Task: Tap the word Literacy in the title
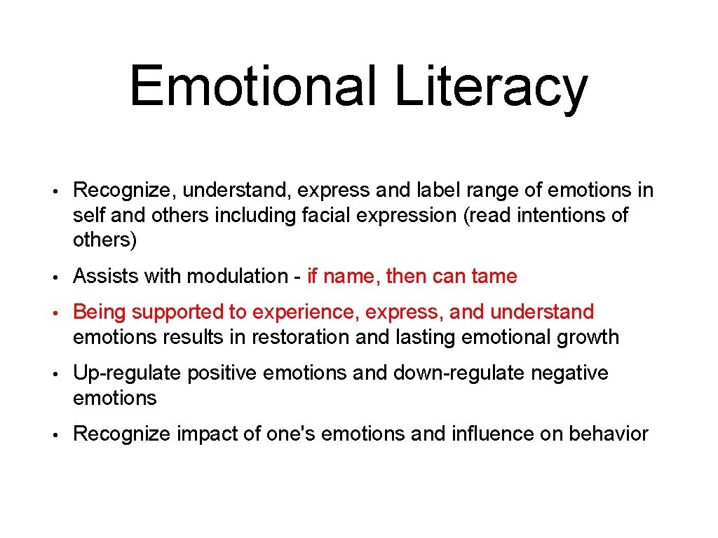coord(491,86)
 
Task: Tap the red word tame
coord(494,277)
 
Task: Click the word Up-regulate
coord(127,373)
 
